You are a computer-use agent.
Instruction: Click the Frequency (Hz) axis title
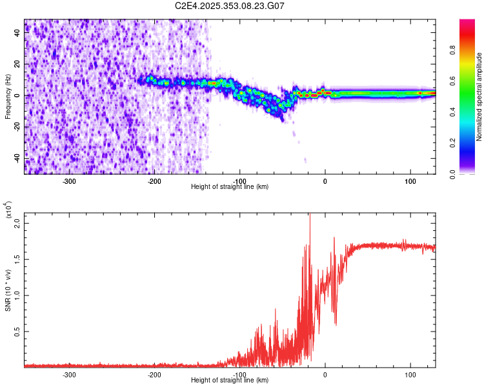(8, 96)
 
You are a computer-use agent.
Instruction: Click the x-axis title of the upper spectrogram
(230, 187)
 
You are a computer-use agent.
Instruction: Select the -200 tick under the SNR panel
(154, 374)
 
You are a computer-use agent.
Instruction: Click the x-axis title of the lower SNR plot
(230, 381)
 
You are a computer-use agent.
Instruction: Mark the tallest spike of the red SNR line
(310, 215)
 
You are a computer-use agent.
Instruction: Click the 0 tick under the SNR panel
(325, 374)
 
